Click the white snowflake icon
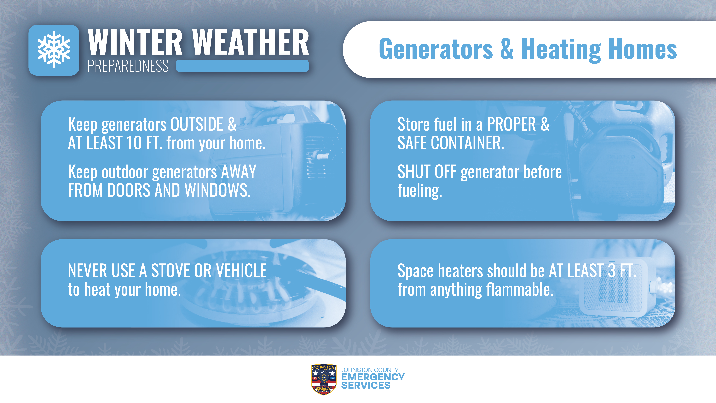54,50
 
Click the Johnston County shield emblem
324,379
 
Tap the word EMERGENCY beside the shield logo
373,377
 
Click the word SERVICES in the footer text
366,385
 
